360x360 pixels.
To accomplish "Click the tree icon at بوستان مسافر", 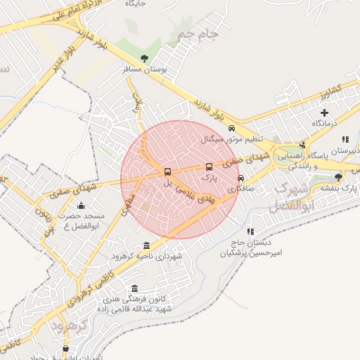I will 144,58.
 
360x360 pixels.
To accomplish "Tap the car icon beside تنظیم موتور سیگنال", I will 232,129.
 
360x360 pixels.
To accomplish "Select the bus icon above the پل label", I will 167,172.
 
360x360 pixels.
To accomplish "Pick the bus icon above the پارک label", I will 209,167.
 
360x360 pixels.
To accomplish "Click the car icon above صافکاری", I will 241,178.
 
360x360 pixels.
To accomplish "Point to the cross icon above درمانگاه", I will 324,112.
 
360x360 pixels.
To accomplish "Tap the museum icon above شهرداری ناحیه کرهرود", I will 146,245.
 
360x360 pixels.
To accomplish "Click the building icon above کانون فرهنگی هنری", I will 135,288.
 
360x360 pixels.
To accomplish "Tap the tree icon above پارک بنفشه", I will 339,176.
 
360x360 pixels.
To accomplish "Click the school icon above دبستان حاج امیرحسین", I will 250,231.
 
